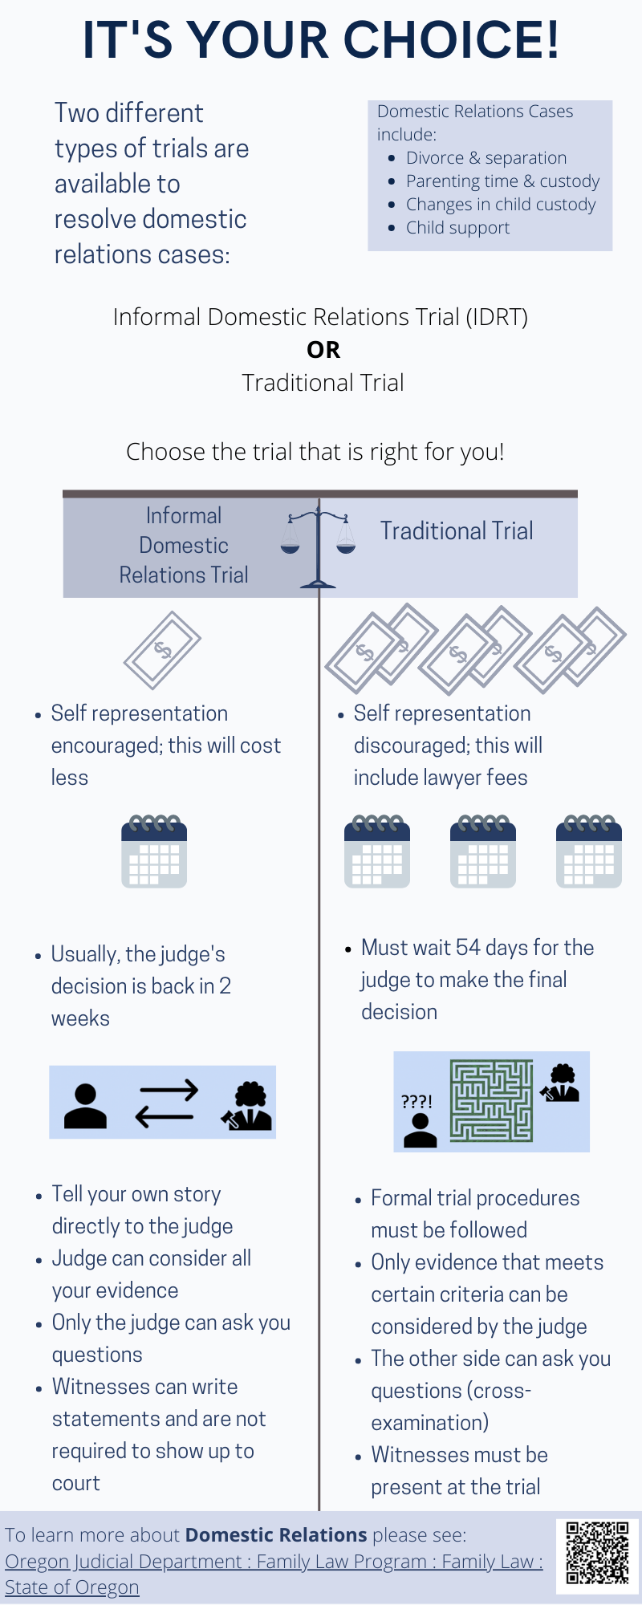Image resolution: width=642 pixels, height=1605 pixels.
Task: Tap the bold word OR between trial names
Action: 323,350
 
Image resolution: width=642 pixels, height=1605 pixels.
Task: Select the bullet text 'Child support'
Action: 457,228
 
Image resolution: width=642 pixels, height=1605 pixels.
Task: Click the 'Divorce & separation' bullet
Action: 486,158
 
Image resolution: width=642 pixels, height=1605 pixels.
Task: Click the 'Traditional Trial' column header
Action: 457,531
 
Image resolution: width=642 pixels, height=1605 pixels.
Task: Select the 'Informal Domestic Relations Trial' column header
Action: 184,545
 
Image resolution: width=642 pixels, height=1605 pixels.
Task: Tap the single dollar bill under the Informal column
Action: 162,650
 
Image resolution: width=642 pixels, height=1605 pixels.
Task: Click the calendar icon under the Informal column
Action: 154,851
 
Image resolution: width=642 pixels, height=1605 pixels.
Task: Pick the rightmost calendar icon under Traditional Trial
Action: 588,851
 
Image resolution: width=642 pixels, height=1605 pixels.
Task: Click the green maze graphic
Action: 491,1101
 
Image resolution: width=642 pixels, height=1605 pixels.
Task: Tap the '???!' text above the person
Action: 416,1102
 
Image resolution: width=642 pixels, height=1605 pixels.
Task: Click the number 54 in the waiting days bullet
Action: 468,948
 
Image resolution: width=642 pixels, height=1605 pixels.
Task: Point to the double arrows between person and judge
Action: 166,1103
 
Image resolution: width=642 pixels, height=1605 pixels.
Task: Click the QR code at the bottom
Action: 597,1553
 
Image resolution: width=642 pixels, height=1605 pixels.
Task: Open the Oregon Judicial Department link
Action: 273,1562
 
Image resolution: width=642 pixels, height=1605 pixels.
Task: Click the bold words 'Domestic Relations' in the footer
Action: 276,1535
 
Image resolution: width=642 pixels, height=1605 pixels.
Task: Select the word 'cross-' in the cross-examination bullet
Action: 505,1391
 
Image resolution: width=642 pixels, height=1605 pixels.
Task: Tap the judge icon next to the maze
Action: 560,1083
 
